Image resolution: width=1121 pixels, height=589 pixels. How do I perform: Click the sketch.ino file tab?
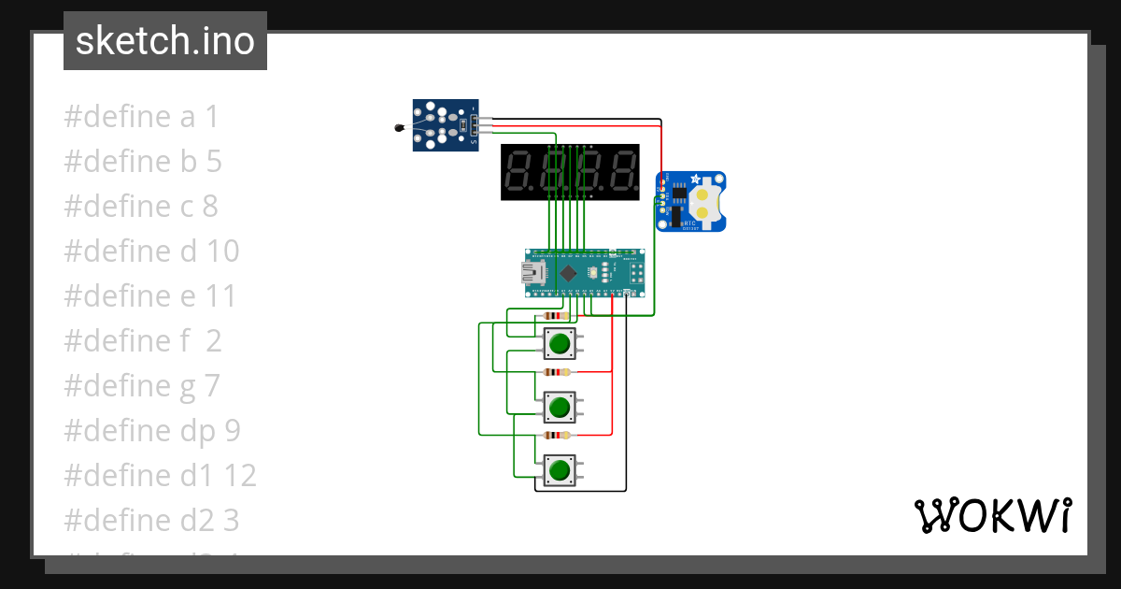[x=165, y=41]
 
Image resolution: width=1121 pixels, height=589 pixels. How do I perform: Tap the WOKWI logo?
[x=991, y=515]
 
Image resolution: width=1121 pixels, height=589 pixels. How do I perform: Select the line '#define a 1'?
[x=141, y=117]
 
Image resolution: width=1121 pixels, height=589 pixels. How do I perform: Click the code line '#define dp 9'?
[x=152, y=431]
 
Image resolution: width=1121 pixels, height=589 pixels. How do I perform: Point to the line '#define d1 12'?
[x=160, y=476]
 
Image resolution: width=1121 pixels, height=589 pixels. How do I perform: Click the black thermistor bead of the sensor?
[x=400, y=128]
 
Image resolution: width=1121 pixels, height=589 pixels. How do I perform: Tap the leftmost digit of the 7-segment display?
[x=518, y=172]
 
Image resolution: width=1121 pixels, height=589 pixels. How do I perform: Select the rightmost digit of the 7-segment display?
[x=622, y=172]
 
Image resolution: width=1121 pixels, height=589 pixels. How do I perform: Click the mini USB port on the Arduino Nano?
[x=533, y=273]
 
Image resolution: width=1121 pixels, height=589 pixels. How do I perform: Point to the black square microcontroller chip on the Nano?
[x=568, y=273]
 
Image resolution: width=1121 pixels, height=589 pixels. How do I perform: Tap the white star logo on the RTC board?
[x=695, y=180]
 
